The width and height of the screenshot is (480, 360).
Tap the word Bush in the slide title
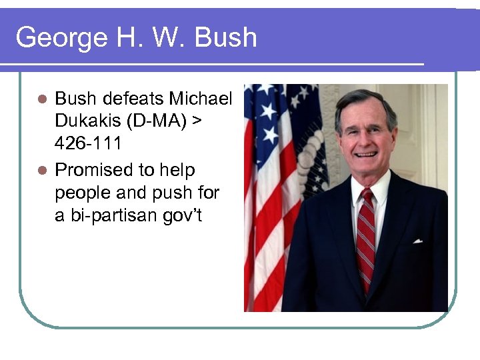pos(225,37)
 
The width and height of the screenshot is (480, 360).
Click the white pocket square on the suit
pos(418,241)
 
